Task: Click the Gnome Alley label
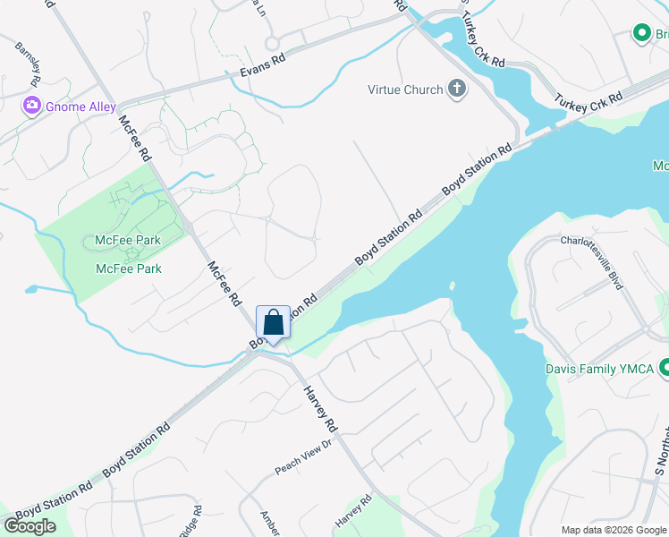[81, 107]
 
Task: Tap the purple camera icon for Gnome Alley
[33, 107]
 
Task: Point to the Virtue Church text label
[405, 89]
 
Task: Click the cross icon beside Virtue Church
[457, 89]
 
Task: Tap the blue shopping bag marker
[273, 323]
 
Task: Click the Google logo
[30, 526]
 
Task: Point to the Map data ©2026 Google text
[614, 530]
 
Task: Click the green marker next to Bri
[640, 33]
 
